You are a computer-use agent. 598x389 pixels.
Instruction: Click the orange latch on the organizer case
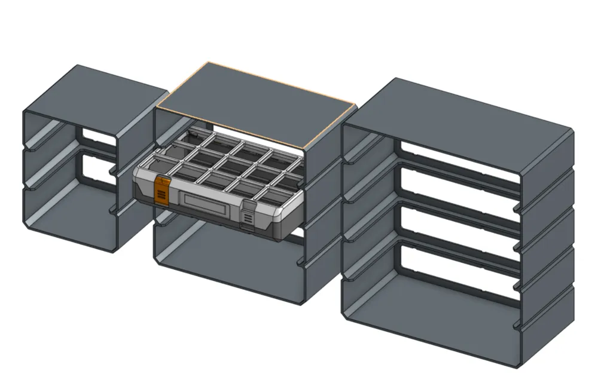[x=160, y=190]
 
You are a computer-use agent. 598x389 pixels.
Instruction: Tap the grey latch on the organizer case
[x=246, y=215]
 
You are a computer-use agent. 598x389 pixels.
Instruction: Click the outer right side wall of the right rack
[x=547, y=251]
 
